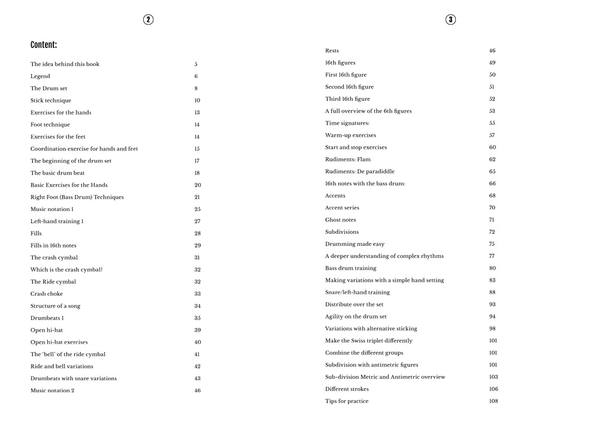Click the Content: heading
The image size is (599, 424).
44,45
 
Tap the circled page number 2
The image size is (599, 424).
149,20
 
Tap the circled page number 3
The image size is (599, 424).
450,20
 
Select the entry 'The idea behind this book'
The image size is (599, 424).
65,64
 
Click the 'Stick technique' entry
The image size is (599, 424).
51,101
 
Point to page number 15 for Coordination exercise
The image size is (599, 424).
197,149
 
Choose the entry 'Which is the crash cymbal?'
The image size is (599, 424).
66,270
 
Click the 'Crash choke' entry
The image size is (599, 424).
47,294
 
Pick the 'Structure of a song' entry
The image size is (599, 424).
55,306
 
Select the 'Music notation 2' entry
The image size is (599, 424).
52,390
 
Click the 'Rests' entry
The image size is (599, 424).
332,51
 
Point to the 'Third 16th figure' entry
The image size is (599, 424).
347,99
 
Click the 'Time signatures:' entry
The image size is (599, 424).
347,123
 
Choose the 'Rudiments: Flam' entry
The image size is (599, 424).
348,160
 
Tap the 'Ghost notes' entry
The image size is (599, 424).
341,220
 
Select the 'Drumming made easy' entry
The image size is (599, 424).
355,244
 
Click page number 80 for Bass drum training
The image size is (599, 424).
492,268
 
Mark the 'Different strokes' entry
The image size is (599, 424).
347,389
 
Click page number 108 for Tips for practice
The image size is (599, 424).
494,401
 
